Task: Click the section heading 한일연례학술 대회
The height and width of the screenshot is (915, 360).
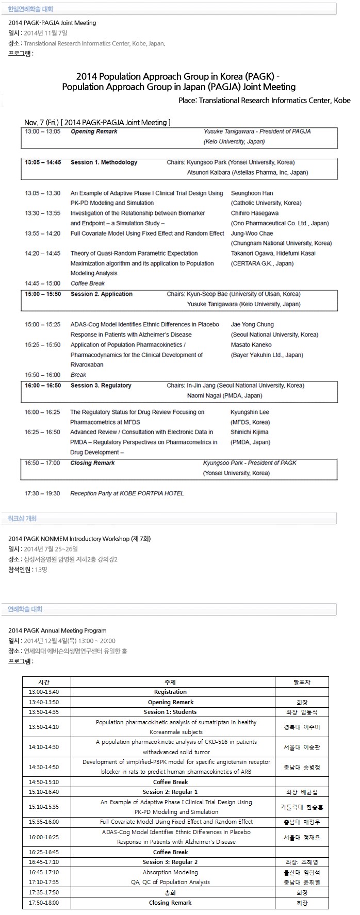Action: (x=30, y=9)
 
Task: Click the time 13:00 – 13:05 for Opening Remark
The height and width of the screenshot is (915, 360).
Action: (x=43, y=131)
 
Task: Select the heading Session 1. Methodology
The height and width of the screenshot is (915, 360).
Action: (x=104, y=162)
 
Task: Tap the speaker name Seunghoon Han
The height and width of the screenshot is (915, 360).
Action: (x=252, y=193)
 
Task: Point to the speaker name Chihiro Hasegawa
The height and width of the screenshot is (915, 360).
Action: (x=254, y=213)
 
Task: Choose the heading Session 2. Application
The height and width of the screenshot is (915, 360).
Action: (x=102, y=294)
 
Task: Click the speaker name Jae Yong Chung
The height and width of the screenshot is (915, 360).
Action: (x=252, y=325)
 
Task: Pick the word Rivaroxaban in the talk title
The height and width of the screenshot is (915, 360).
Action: (x=87, y=364)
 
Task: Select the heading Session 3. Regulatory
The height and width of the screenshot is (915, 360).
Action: (x=101, y=386)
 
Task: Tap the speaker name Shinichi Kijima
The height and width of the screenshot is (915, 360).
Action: (x=249, y=432)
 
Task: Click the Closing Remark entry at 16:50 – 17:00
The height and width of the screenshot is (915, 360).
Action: (x=92, y=463)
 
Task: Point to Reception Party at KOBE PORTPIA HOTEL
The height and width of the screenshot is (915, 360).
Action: (x=127, y=493)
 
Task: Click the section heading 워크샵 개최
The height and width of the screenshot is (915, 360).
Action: (x=22, y=518)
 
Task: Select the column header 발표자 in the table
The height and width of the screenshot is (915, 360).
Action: (x=302, y=682)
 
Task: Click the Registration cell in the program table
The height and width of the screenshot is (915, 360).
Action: (x=170, y=692)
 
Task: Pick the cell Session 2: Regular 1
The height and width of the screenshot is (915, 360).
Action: (x=170, y=792)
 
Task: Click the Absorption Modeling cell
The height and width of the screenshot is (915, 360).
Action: (x=170, y=872)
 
